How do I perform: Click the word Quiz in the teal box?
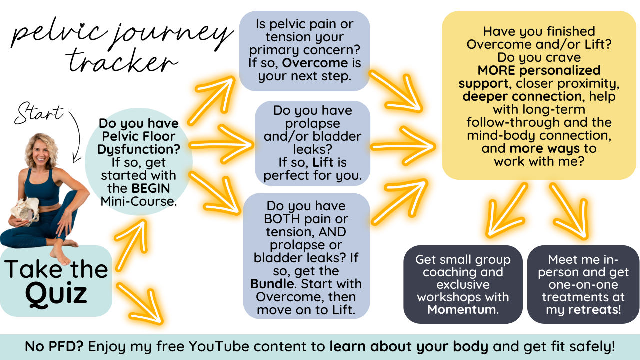56,294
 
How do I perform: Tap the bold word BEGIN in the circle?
150,188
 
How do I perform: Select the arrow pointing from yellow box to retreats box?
569,210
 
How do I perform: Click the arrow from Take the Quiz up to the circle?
130,240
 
